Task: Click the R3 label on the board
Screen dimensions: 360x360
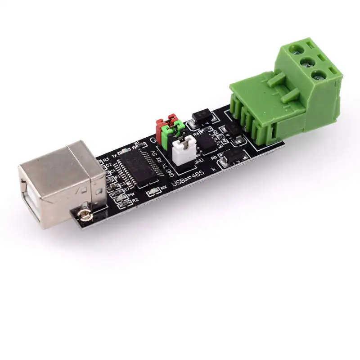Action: [106, 159]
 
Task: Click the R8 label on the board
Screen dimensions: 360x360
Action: [214, 157]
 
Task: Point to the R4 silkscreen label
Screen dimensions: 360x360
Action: [196, 135]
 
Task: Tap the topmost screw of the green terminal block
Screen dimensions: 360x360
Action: [297, 47]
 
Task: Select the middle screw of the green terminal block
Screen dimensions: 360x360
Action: [307, 62]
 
